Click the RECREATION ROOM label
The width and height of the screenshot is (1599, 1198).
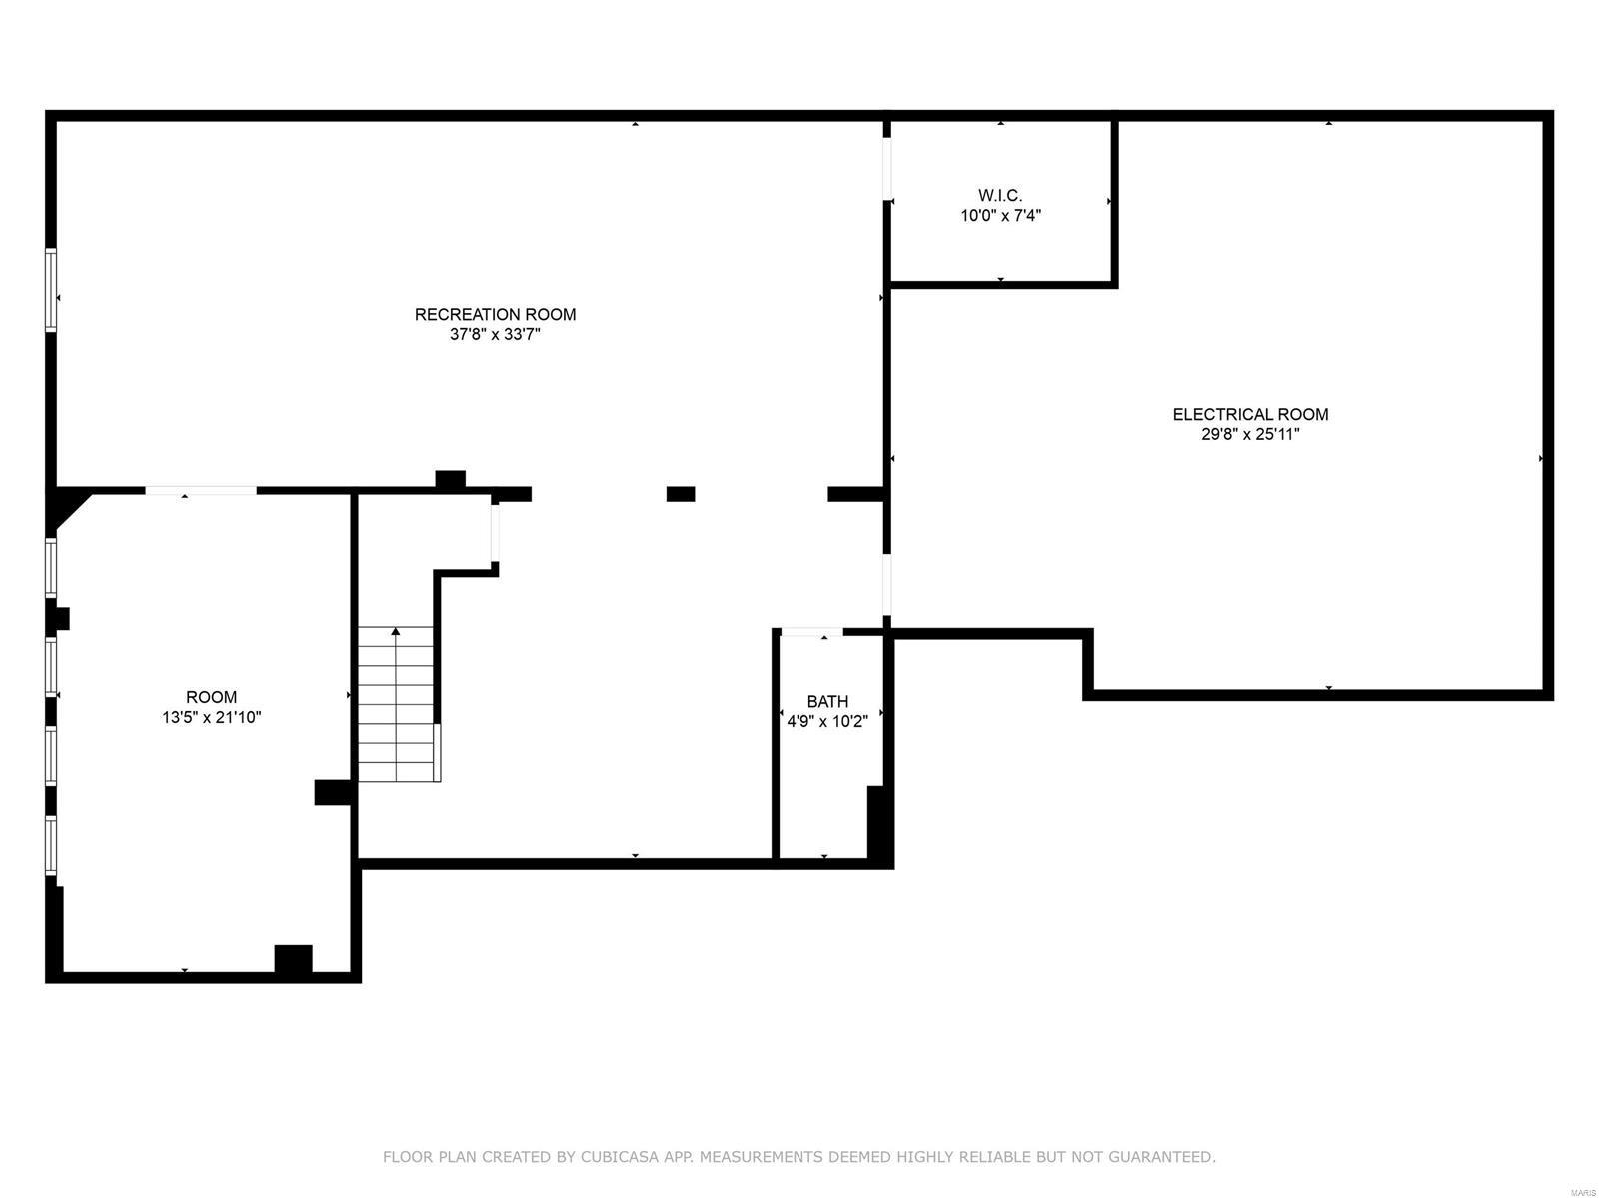point(495,314)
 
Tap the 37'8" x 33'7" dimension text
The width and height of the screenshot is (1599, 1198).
point(495,334)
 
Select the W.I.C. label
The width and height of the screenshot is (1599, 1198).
point(1000,195)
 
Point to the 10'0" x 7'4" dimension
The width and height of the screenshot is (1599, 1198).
point(1000,215)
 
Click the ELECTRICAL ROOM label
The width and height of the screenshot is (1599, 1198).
point(1250,414)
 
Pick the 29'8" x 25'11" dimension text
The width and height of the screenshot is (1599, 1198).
point(1250,434)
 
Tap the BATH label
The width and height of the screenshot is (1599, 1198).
point(827,701)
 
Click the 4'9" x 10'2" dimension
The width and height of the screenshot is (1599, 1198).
point(827,720)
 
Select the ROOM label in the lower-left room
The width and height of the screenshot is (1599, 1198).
point(211,697)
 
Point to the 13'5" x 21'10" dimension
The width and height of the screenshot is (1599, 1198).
point(211,717)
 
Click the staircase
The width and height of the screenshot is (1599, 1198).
point(397,704)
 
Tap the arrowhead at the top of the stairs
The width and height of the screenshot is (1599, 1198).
point(396,631)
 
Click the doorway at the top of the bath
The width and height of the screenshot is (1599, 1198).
point(811,632)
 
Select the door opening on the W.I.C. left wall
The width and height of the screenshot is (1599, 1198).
point(887,168)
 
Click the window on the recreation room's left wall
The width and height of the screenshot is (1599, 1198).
point(51,289)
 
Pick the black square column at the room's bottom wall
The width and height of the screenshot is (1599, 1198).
point(293,958)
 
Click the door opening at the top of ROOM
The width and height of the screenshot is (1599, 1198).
point(201,490)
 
